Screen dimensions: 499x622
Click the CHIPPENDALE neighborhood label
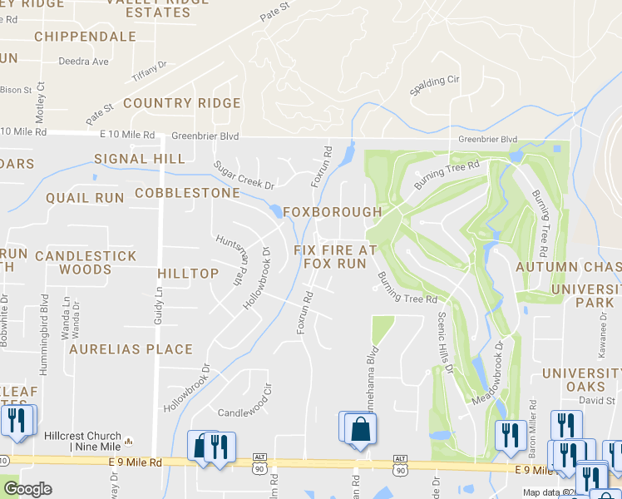(x=85, y=37)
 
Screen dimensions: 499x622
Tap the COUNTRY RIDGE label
(x=181, y=103)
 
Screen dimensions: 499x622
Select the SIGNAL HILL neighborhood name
(x=139, y=158)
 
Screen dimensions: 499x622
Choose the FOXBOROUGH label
(x=332, y=212)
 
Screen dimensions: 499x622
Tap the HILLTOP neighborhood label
(x=188, y=273)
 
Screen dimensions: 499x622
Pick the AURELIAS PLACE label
(x=131, y=349)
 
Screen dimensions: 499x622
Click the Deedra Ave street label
(x=83, y=62)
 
